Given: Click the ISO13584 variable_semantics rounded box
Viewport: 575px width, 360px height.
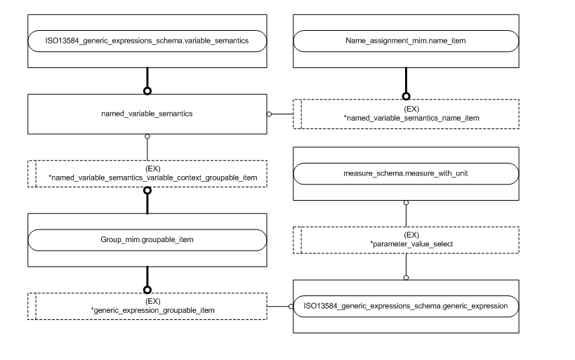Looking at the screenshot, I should [x=147, y=41].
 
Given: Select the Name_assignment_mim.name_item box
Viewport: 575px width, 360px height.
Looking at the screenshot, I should [x=405, y=41].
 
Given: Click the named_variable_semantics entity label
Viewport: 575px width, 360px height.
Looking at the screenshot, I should [x=147, y=112].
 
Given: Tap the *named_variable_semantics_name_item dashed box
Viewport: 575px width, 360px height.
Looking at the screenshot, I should [x=406, y=113].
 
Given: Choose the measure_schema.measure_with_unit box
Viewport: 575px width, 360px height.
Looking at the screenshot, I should [x=405, y=174].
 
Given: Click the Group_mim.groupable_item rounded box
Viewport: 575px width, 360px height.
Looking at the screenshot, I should [x=147, y=240].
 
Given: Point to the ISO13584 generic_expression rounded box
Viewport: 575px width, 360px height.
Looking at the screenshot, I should [x=405, y=306].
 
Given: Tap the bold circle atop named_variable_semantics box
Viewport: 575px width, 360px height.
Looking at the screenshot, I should [x=147, y=91].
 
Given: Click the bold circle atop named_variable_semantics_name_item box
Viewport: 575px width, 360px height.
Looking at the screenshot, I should [x=405, y=97].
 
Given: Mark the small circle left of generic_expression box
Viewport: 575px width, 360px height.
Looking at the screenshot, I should [x=290, y=306].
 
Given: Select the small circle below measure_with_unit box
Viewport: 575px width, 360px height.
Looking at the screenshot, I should [x=405, y=204].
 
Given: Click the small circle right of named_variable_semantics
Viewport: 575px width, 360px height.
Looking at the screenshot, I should [x=270, y=113].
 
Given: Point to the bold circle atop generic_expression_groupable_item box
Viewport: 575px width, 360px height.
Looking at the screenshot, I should [x=147, y=289].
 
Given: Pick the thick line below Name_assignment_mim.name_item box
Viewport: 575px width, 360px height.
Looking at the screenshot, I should [x=405, y=81].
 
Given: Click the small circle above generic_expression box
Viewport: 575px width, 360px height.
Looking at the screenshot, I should [x=405, y=276].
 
